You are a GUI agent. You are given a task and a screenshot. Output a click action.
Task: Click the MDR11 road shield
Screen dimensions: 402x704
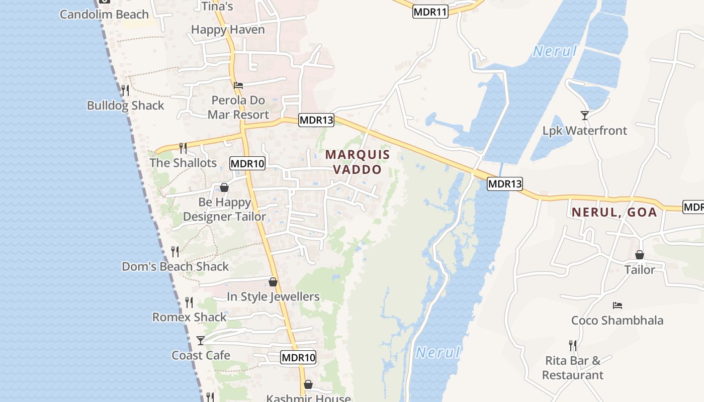[x=430, y=12]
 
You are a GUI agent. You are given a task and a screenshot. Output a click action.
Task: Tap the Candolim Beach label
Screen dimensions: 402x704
[x=104, y=14]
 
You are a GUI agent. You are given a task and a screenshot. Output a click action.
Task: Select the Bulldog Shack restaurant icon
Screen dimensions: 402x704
[x=125, y=90]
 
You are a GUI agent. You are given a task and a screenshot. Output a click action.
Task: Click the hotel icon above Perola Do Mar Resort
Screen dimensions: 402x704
[x=238, y=85]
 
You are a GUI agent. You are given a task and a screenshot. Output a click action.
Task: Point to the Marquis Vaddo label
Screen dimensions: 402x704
[x=358, y=162]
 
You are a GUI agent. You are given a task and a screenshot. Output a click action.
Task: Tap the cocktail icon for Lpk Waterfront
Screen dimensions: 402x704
[x=584, y=116]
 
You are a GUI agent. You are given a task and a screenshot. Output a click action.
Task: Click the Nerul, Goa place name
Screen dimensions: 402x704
[x=614, y=212]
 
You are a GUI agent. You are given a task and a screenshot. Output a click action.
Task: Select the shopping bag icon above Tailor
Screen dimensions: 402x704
[x=639, y=255]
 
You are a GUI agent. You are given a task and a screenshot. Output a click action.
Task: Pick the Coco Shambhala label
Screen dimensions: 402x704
[x=617, y=320]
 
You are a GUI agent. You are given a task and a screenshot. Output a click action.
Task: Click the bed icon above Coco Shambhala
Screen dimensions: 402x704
[x=618, y=305]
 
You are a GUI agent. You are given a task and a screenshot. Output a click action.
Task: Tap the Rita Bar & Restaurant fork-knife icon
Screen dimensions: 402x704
[x=573, y=345]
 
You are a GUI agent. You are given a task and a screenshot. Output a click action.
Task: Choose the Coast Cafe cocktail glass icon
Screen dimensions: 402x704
[x=201, y=340]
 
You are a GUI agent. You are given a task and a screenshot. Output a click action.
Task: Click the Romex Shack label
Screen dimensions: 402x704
[x=190, y=317]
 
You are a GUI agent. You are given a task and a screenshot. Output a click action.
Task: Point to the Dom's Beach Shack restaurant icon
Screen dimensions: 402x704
[x=175, y=251]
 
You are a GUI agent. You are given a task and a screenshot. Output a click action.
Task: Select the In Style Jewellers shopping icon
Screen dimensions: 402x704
[x=273, y=282]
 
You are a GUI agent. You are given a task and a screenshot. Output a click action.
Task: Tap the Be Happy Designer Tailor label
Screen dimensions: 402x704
[x=224, y=210]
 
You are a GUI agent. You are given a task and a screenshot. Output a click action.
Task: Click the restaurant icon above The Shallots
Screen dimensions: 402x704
[x=183, y=148]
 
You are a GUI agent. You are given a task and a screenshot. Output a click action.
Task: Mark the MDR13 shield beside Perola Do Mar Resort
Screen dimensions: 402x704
[x=316, y=120]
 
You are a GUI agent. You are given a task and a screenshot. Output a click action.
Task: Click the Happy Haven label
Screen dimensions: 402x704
[x=228, y=30]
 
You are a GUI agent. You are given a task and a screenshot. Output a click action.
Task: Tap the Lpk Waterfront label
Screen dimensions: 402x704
[x=585, y=131]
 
